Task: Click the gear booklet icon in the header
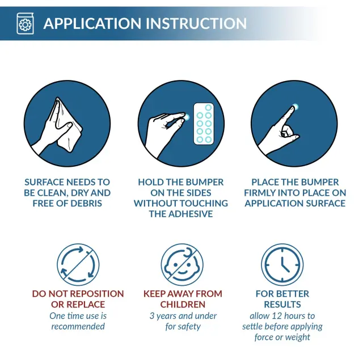(25, 23)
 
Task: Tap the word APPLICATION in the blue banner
(92, 23)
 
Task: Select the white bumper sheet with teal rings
(204, 124)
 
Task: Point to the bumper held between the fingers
(187, 117)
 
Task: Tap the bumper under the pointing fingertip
(295, 107)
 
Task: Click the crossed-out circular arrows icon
(78, 264)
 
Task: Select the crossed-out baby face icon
(182, 264)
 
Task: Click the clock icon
(282, 264)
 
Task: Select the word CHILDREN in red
(183, 305)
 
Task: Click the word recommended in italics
(78, 327)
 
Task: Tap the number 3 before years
(152, 316)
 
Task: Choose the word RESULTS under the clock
(282, 305)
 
